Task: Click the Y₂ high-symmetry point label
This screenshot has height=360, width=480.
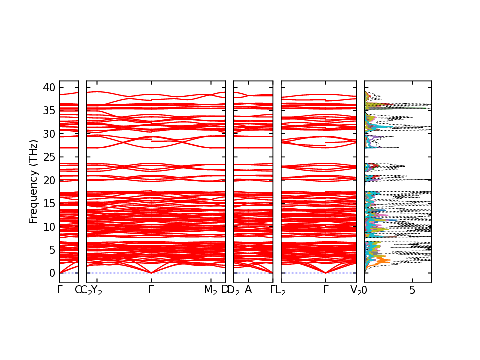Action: coord(97,290)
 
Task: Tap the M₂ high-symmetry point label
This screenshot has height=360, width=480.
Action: coord(211,290)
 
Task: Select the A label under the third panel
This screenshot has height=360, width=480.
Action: coord(248,289)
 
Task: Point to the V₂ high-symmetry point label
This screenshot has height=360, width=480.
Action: coord(356,290)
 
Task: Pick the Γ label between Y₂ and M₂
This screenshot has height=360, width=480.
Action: coord(151,289)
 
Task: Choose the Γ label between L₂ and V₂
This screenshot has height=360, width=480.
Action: coord(325,289)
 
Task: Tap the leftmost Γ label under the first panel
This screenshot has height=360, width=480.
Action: coord(60,289)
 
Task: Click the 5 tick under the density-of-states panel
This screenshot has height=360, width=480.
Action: coord(412,290)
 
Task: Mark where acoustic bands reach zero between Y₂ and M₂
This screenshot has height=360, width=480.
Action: coord(151,273)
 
